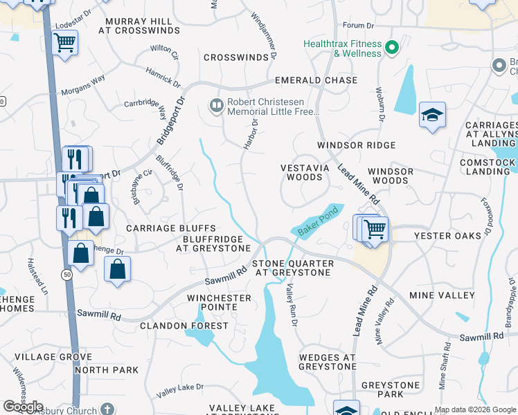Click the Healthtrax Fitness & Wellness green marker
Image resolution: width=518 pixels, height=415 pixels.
click(x=392, y=48)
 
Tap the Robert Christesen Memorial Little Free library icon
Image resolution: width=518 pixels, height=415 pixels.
click(x=216, y=106)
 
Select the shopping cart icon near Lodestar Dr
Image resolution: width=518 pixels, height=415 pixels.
click(x=64, y=44)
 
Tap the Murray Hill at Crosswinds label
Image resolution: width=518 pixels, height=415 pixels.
click(x=139, y=26)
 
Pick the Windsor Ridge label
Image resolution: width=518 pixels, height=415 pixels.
click(x=356, y=145)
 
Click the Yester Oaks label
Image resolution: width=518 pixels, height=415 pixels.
click(x=447, y=236)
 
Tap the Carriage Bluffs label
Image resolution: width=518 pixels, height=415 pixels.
click(x=171, y=228)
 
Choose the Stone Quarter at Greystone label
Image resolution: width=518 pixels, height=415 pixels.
click(x=292, y=268)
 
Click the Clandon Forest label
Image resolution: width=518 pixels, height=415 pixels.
click(x=184, y=325)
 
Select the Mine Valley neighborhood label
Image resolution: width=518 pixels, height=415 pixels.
click(x=442, y=295)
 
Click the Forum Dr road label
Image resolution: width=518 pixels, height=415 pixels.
click(x=358, y=26)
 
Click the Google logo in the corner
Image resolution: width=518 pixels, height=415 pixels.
click(x=23, y=407)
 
